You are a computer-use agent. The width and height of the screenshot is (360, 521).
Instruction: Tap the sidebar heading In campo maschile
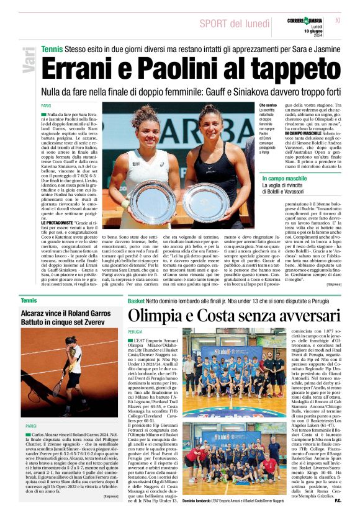click(x=284, y=179)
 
